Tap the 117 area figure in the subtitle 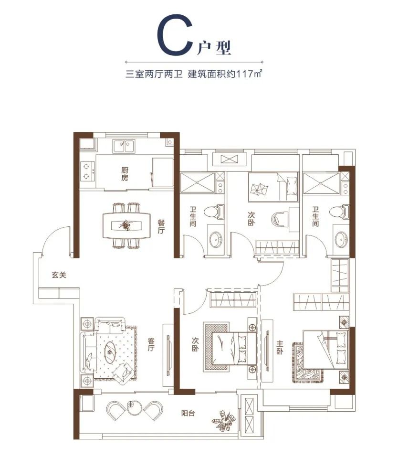[x=245, y=74]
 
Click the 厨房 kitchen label [x=125, y=174]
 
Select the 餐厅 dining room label [x=161, y=227]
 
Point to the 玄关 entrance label [x=59, y=275]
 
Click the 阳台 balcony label [x=188, y=413]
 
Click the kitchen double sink [x=124, y=146]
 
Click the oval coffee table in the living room [x=111, y=352]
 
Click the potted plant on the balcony [x=223, y=421]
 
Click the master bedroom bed [x=326, y=350]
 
